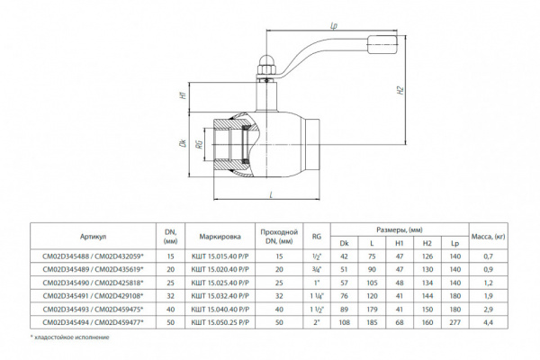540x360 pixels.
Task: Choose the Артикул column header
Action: click(x=93, y=236)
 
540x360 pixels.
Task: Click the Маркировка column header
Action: click(x=220, y=236)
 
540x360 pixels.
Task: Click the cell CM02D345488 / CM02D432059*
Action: click(x=93, y=256)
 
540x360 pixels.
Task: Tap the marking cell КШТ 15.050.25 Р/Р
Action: click(x=220, y=319)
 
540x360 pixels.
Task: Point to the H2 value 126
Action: click(x=427, y=256)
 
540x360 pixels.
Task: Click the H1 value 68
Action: click(x=400, y=319)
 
